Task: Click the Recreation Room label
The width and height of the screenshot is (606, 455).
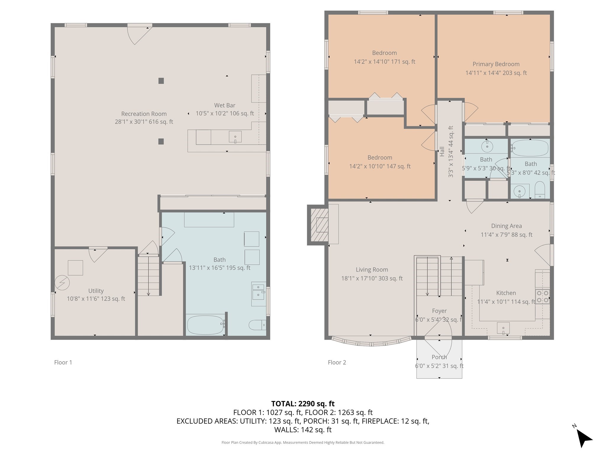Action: pos(144,114)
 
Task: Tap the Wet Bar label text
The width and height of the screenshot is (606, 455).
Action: pos(225,105)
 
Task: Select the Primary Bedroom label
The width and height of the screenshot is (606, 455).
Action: pos(496,64)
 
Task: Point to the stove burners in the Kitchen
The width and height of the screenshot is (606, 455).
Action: pos(543,297)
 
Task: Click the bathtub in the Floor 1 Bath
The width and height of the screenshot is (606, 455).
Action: pos(205,325)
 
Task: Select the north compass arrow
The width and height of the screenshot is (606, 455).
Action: pos(584,439)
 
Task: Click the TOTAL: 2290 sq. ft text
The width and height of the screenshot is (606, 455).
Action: pos(303,404)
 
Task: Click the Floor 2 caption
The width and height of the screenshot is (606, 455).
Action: pos(337,362)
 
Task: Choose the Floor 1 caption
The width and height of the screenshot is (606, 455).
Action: pos(63,362)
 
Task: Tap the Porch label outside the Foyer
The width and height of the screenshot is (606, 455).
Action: pos(439,357)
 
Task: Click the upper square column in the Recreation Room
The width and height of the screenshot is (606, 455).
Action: pos(161,81)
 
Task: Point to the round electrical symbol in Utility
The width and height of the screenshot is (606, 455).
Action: pos(62,283)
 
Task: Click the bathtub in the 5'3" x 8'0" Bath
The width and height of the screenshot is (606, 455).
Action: pos(530,148)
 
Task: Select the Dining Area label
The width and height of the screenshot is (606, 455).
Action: pos(506,226)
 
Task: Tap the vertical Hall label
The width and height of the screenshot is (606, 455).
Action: pos(442,151)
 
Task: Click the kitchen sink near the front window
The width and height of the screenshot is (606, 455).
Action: pos(503,328)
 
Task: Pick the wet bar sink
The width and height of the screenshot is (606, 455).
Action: pos(235,137)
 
